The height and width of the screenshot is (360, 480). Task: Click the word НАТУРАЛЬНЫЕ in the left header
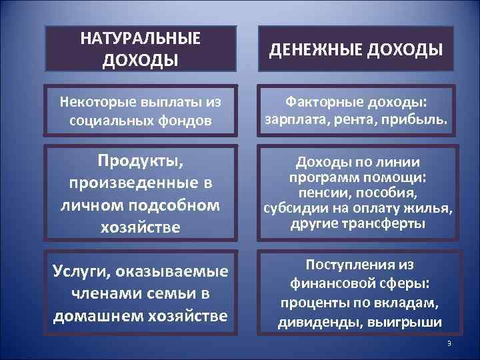tap(140, 39)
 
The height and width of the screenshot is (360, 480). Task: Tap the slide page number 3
tap(449, 343)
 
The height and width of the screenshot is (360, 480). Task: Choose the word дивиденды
tap(313, 323)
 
